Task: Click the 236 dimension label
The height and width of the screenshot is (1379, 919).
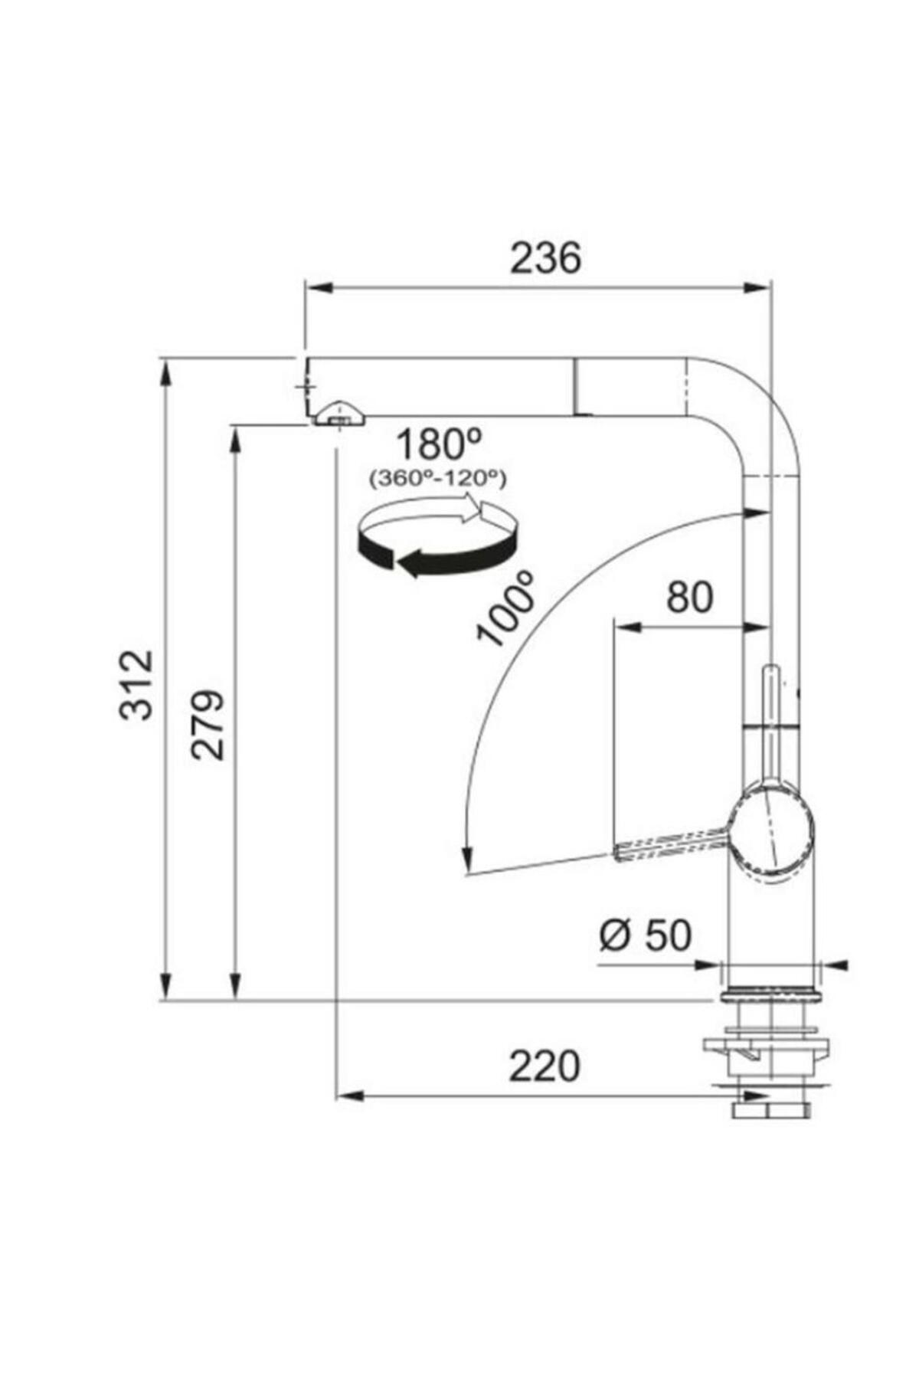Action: coord(545,258)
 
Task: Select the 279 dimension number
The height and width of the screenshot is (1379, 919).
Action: coord(208,725)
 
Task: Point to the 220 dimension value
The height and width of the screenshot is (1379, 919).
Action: coord(545,1066)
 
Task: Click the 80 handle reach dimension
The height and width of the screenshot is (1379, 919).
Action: coord(689,598)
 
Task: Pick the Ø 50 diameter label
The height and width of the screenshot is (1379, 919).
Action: coord(646,935)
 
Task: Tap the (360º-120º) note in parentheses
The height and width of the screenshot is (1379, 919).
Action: coord(437,479)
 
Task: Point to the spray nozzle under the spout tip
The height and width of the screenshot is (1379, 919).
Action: coord(338,414)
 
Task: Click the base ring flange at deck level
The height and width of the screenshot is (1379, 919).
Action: coord(770,995)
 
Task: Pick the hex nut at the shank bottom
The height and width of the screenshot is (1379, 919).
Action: coord(770,1110)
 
